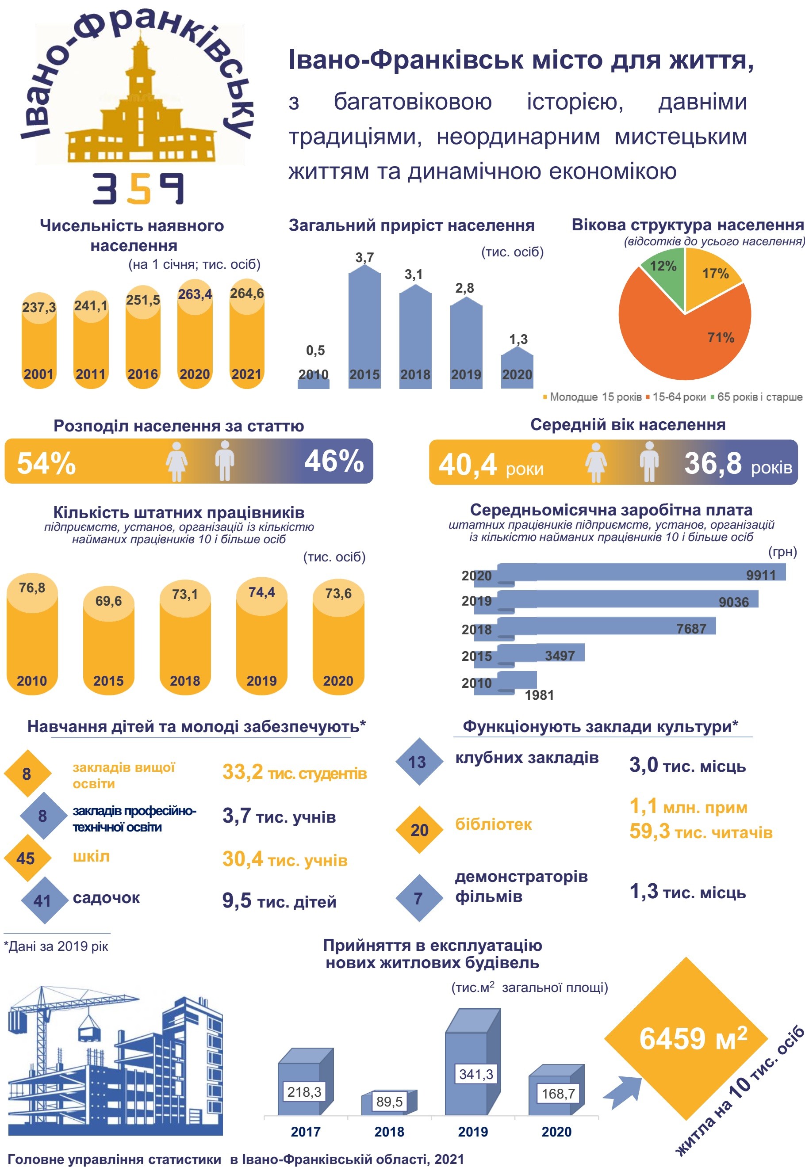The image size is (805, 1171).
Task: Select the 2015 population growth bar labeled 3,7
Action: coord(364,328)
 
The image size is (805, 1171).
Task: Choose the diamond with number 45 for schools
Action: coord(27,858)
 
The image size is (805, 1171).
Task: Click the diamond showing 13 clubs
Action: coord(417,762)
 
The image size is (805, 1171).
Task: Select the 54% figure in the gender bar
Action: coord(46,463)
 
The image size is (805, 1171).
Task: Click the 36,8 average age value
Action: coord(712,463)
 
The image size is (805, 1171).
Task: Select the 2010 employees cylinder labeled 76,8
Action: coord(32,635)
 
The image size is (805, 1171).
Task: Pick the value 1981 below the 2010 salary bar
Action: coord(539,695)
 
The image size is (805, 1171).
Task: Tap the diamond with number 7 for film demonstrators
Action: coord(418,898)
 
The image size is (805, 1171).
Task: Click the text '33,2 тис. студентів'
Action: coord(294,772)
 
